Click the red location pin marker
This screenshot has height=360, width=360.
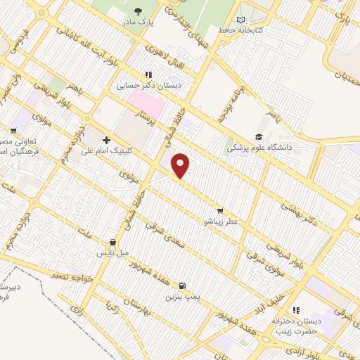coord(181,165)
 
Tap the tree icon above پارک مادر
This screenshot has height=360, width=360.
coord(139,12)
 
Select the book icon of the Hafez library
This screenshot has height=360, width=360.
coord(242,20)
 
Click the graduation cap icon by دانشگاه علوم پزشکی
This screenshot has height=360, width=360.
coord(259,136)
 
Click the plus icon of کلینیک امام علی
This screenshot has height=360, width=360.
coord(106,141)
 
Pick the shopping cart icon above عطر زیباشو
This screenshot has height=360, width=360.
coord(220,210)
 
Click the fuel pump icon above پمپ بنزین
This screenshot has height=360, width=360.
coord(183,285)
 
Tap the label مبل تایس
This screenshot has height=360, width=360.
coord(112,252)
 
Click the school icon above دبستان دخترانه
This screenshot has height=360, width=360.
coord(296,310)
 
